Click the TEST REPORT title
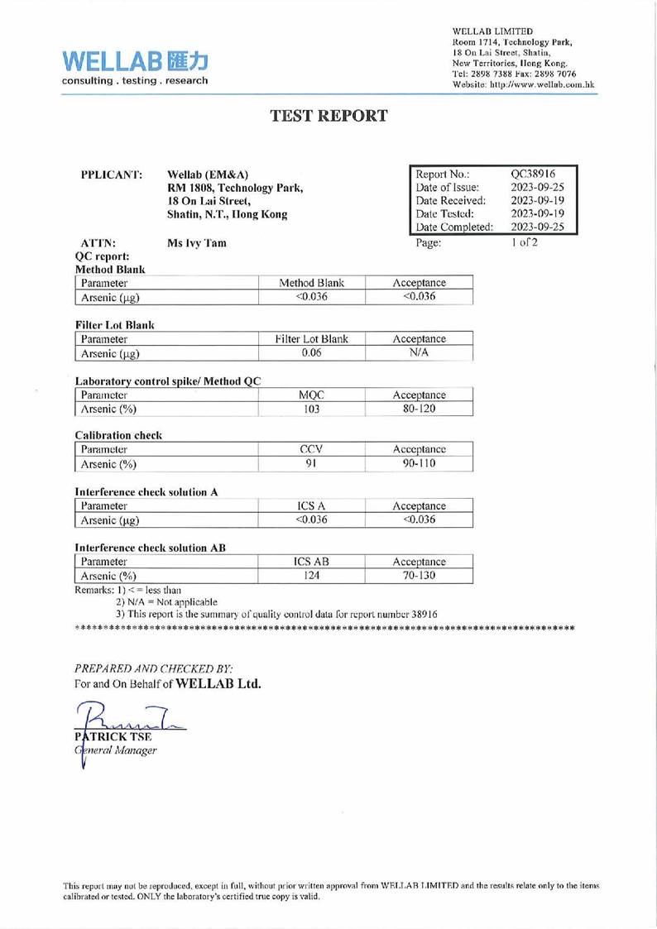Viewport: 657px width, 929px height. pyautogui.click(x=328, y=116)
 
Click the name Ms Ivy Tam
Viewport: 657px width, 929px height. pyautogui.click(x=196, y=243)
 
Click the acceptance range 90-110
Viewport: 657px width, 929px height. pyautogui.click(x=419, y=464)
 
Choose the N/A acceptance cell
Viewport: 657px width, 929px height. pyautogui.click(x=419, y=352)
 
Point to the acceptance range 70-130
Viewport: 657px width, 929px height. pyautogui.click(x=419, y=576)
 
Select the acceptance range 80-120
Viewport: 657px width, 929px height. pyautogui.click(x=419, y=409)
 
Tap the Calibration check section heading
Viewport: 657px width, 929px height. pyautogui.click(x=118, y=435)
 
